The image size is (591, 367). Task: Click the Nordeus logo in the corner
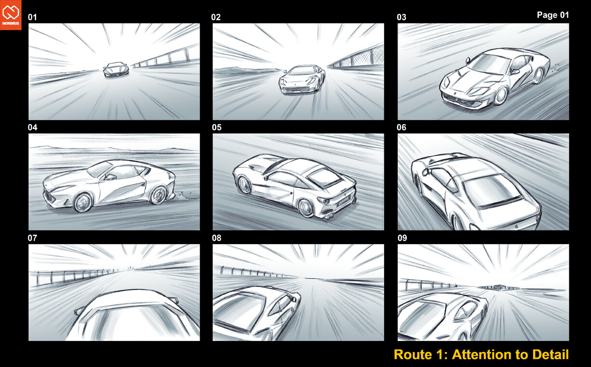point(11,15)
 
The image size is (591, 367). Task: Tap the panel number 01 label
point(32,18)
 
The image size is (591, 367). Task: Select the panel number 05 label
point(216,128)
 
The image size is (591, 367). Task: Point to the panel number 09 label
point(402,238)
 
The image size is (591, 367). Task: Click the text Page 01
point(552,15)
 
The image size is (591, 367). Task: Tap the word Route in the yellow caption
point(412,354)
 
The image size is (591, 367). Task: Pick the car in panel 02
point(301,80)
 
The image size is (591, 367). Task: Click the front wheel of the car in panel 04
point(82,202)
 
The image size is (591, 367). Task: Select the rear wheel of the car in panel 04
point(158,195)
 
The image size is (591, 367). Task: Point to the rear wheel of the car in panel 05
point(306,208)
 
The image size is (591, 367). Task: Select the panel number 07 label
point(32,238)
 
